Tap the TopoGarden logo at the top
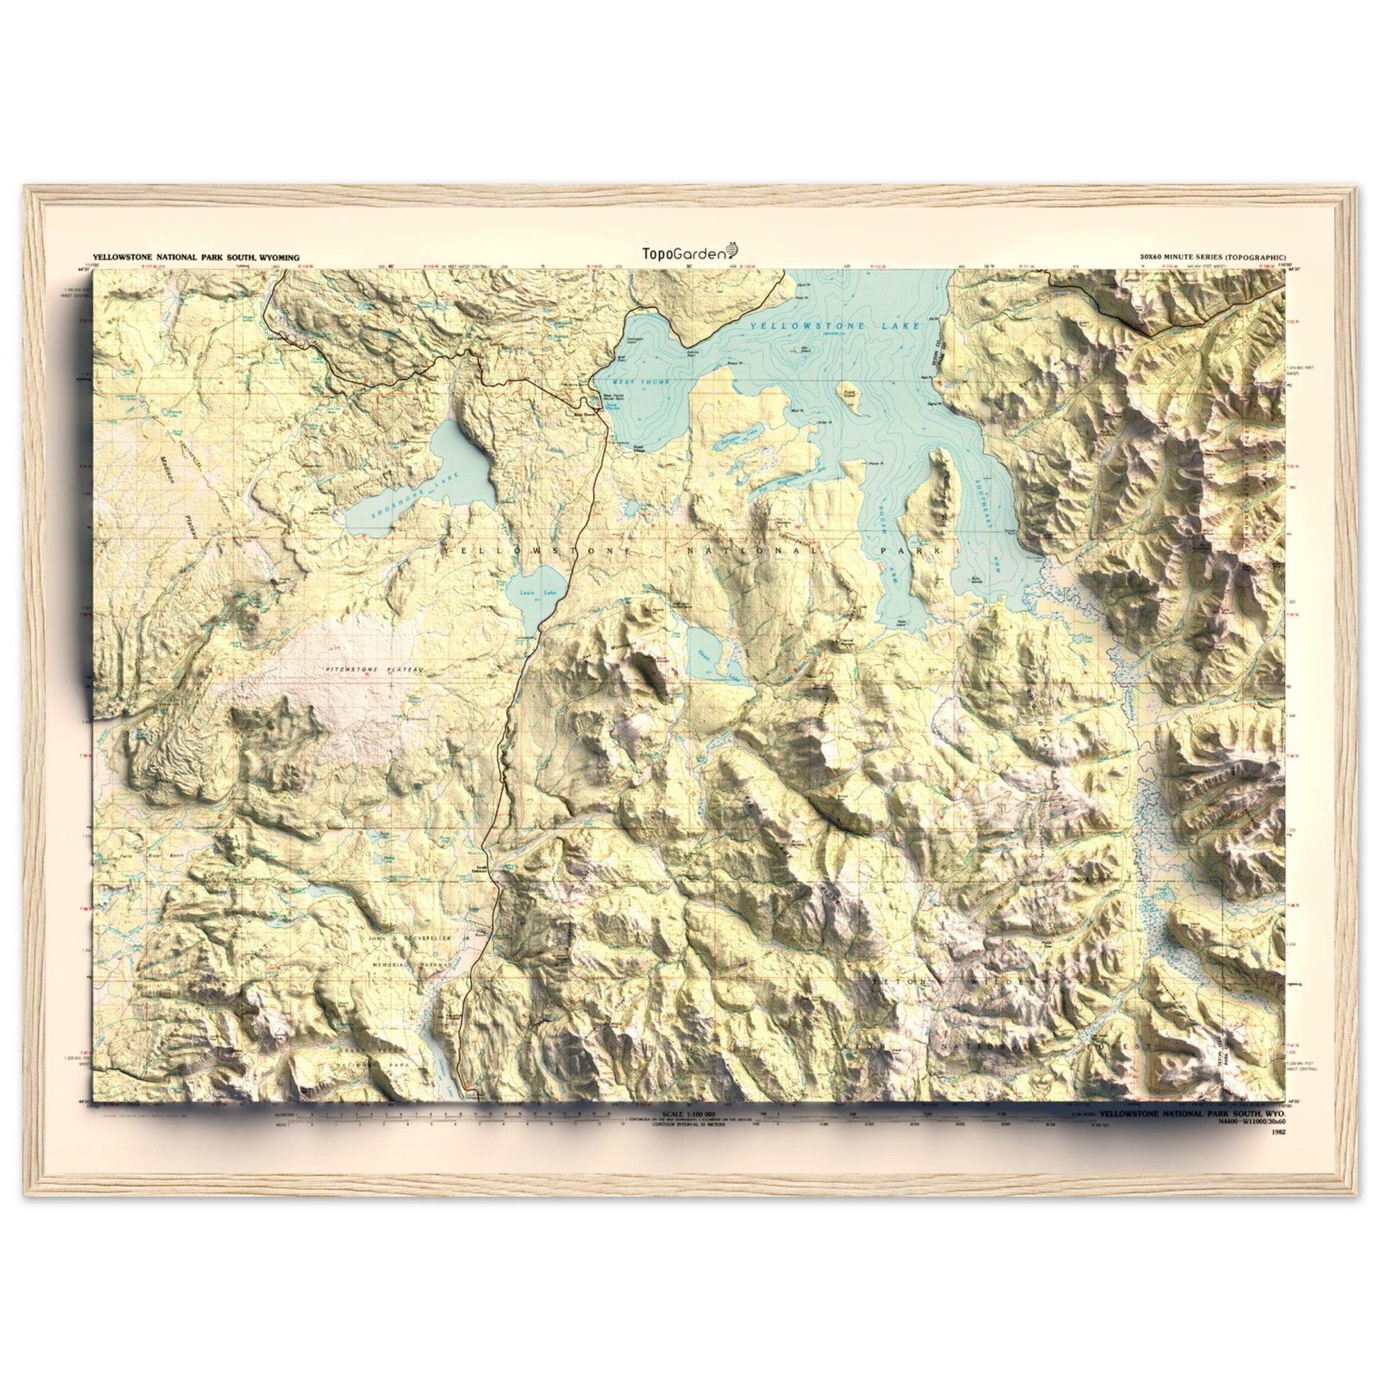[x=690, y=252]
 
